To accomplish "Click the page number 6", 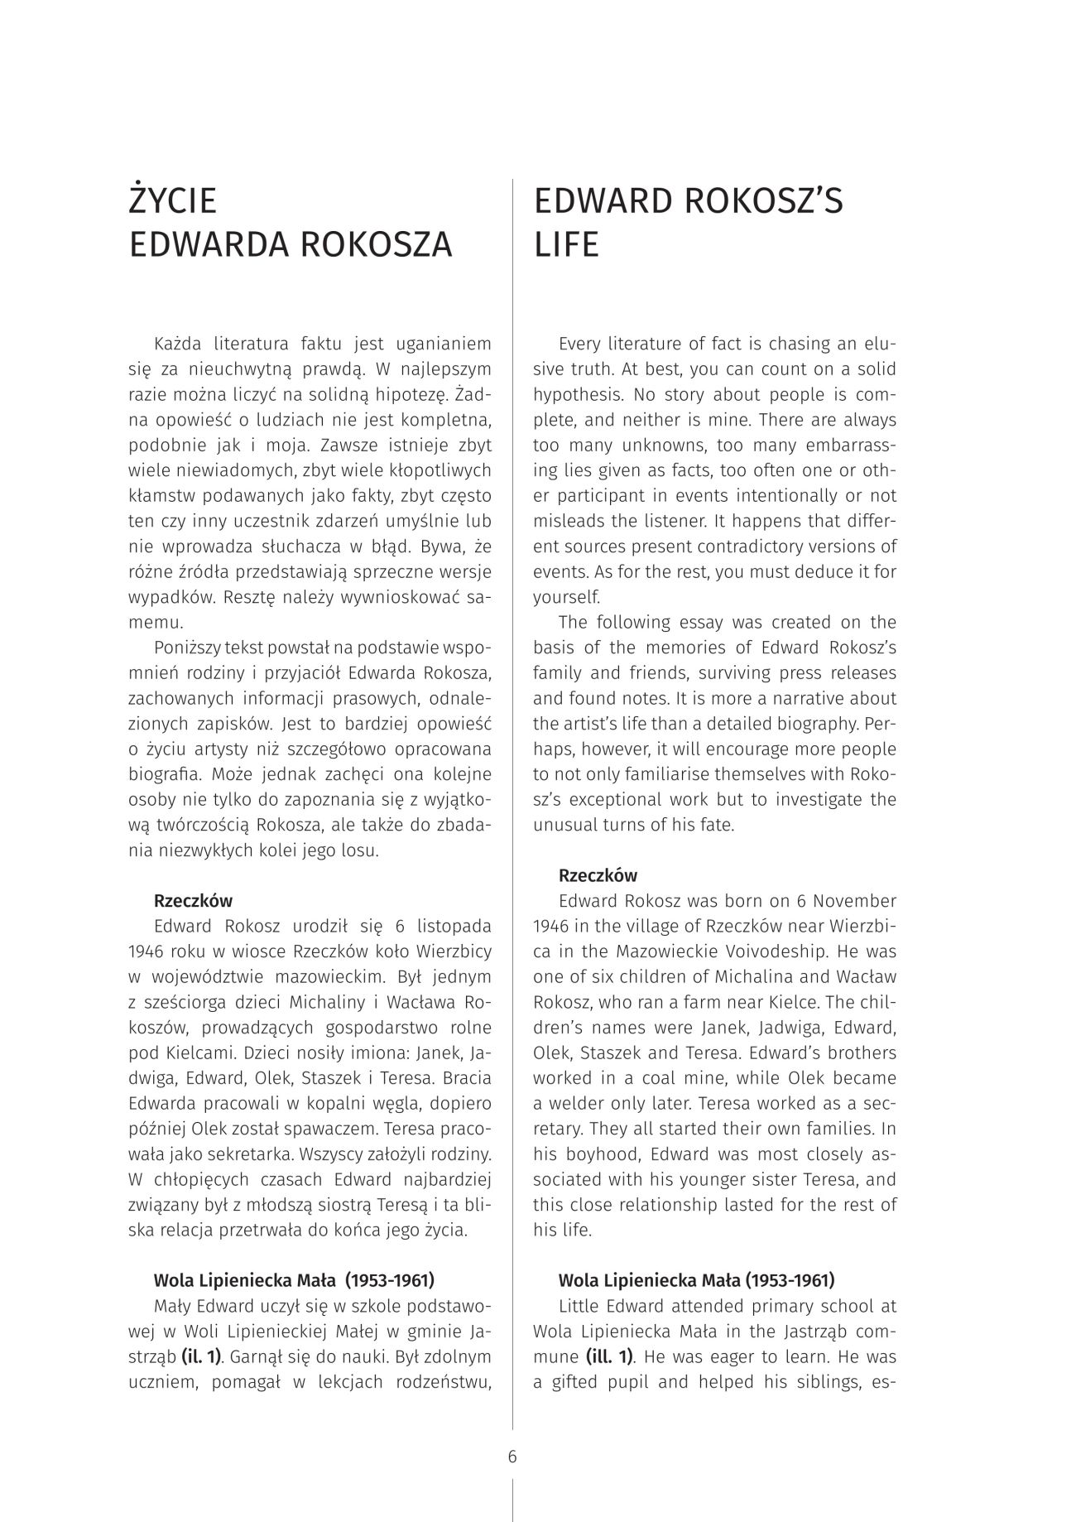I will click(512, 1457).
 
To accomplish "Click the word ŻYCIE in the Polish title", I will click(173, 202).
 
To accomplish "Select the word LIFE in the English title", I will click(566, 245).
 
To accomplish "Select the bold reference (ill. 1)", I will click(609, 1356).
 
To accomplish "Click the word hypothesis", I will click(574, 394).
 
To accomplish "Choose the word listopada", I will click(454, 926).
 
